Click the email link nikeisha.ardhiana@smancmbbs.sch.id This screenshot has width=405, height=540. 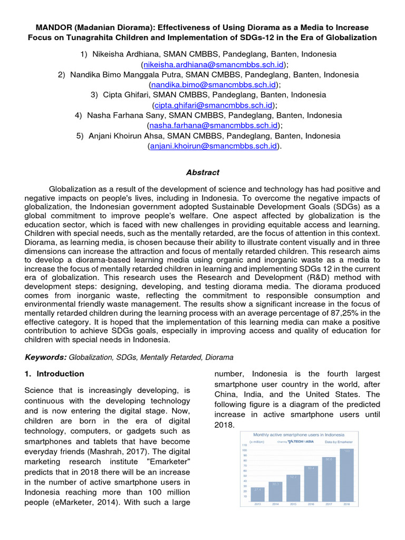point(213,64)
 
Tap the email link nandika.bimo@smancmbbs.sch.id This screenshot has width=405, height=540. point(213,84)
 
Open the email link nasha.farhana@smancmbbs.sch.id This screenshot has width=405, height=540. point(213,125)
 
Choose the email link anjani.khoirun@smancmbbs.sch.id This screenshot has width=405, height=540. point(213,146)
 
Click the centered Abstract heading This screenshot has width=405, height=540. point(202,172)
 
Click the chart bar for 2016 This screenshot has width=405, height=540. point(311,483)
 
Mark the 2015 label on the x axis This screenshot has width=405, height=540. point(293,505)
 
